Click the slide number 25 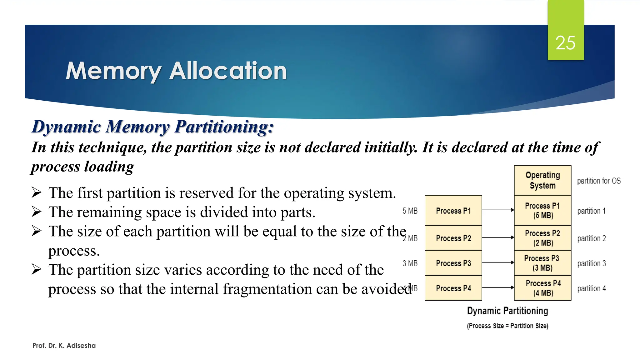(565, 43)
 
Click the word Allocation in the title (228, 71)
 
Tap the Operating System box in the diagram (542, 180)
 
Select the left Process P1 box (453, 211)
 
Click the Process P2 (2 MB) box (542, 238)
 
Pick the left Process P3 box (453, 263)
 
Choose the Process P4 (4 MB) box (542, 288)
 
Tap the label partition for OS (598, 181)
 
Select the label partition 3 (591, 263)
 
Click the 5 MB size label (410, 211)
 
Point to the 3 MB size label (410, 263)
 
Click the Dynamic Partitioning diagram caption (507, 311)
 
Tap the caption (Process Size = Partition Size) (507, 326)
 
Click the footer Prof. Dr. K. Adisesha (64, 346)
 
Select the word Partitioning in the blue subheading (224, 127)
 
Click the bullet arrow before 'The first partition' (37, 192)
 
